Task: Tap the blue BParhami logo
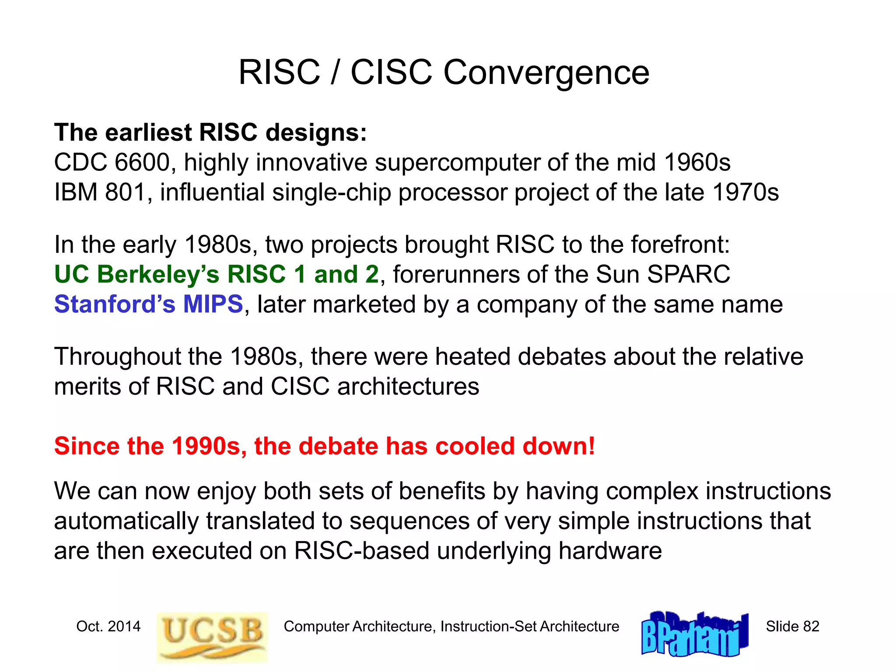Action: (695, 634)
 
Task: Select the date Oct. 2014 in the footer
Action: (108, 626)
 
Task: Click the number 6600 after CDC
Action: (142, 163)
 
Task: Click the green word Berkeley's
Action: (157, 275)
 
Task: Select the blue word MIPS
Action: (213, 304)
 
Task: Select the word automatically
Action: (126, 521)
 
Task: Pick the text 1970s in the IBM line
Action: (745, 192)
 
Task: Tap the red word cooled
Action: (475, 446)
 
